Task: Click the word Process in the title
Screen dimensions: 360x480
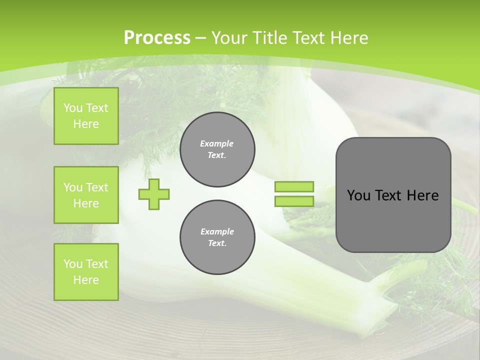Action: click(x=157, y=38)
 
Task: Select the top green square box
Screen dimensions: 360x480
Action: click(x=86, y=116)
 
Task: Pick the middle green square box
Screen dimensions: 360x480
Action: click(x=86, y=195)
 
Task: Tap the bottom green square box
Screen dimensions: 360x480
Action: click(x=86, y=272)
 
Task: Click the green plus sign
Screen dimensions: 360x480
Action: click(x=154, y=194)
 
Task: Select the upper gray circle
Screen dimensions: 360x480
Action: click(x=217, y=149)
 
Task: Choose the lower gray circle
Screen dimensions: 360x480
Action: click(x=217, y=237)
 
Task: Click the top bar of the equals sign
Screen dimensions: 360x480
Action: click(x=294, y=186)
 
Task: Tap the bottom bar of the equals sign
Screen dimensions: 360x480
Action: click(x=294, y=201)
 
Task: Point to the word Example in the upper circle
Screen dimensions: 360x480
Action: click(x=217, y=143)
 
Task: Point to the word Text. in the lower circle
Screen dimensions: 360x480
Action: click(x=217, y=243)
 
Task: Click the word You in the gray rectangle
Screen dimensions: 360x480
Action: click(x=358, y=195)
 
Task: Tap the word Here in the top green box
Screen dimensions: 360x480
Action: click(x=86, y=124)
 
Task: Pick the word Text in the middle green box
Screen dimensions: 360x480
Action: click(x=97, y=187)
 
